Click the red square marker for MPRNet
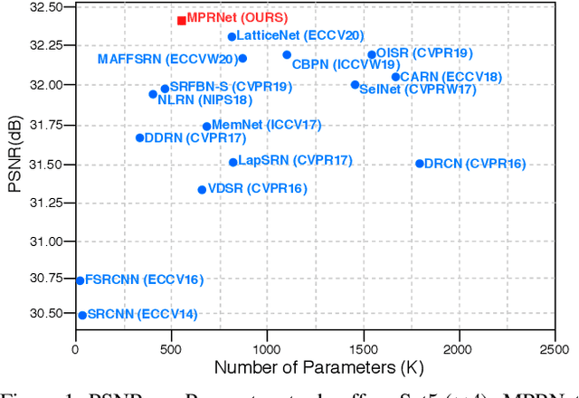point(182,20)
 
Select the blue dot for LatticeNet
point(232,37)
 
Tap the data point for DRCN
point(419,164)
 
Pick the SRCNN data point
point(82,315)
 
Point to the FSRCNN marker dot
point(80,280)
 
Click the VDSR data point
point(202,189)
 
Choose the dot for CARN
point(395,77)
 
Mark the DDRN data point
point(139,137)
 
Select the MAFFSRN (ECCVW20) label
point(166,60)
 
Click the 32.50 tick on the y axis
point(44,7)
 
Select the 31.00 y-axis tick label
point(44,242)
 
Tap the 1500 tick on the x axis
point(363,349)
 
